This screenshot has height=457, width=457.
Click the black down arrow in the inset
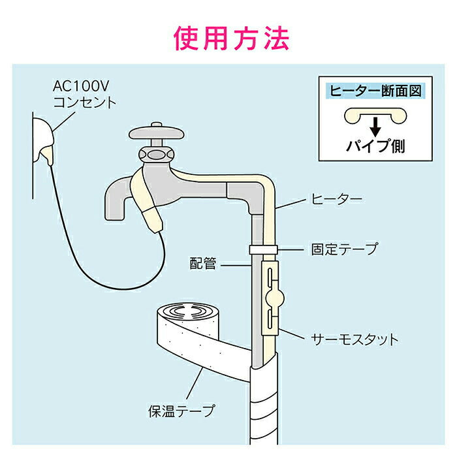375,126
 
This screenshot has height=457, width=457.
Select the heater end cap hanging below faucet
154,219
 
